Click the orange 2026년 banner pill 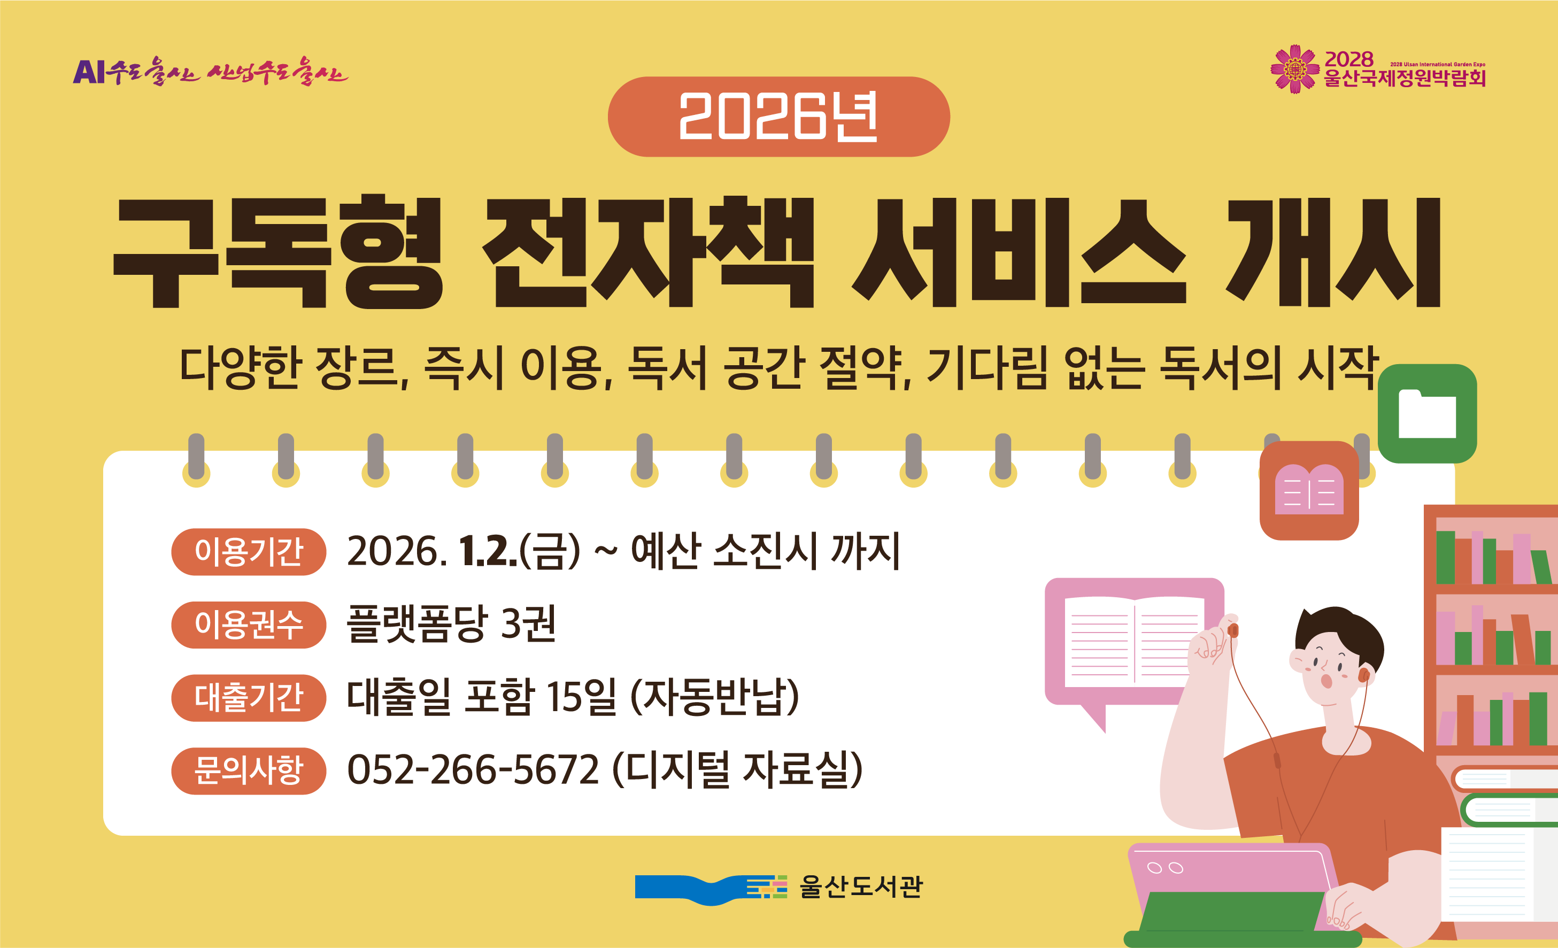coord(778,117)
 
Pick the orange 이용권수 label coord(249,625)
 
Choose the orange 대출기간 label coord(249,698)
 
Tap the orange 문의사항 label coord(249,771)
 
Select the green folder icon coord(1427,414)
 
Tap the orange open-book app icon coord(1309,491)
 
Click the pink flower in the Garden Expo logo coord(1295,69)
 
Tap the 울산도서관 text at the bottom coord(861,887)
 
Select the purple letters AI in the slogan coord(89,72)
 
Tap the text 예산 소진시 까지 coord(765,551)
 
